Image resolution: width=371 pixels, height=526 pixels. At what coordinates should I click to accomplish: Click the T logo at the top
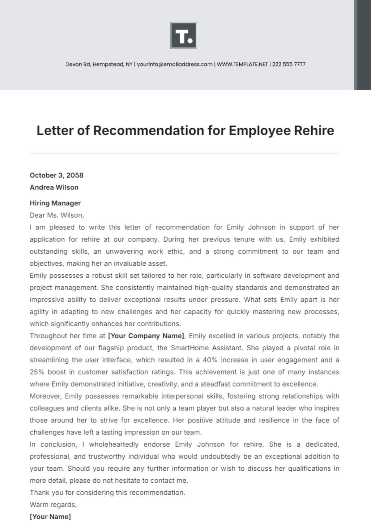click(x=183, y=35)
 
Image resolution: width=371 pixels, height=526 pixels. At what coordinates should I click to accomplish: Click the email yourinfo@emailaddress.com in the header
click(x=174, y=64)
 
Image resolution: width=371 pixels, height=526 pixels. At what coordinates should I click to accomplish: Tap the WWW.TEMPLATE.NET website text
click(x=242, y=64)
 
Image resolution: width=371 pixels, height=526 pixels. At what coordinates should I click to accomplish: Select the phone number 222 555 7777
click(x=289, y=64)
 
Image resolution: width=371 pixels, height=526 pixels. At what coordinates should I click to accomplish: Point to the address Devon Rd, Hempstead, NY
click(x=99, y=64)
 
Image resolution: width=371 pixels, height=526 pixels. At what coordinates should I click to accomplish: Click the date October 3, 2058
click(x=57, y=175)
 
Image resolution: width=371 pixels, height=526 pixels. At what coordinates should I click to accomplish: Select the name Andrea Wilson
click(x=54, y=187)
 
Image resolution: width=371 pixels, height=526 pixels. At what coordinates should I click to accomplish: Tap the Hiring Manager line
click(x=55, y=203)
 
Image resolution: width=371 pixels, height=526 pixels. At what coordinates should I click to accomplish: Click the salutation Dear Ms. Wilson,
click(x=57, y=215)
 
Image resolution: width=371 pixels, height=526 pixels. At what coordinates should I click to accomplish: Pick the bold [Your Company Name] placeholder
click(x=146, y=336)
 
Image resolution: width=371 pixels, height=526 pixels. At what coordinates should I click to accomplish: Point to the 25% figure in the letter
click(x=37, y=372)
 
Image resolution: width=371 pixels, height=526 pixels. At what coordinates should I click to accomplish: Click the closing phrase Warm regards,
click(x=53, y=505)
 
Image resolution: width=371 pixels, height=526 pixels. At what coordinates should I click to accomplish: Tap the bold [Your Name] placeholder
click(x=50, y=517)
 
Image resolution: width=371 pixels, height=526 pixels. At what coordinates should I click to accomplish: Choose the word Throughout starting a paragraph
click(x=48, y=336)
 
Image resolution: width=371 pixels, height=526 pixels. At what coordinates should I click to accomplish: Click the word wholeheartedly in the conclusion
click(x=114, y=444)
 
